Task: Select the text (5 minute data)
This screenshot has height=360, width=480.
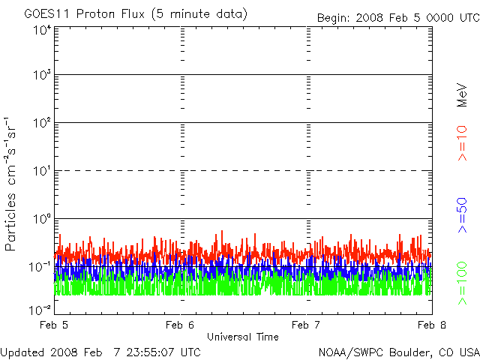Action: coord(199,14)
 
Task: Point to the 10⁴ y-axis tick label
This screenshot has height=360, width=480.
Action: coord(43,30)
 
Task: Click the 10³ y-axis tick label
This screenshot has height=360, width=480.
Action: coord(43,74)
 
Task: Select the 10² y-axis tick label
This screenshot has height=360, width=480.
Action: coord(43,122)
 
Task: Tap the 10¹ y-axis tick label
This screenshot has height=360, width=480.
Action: coord(43,170)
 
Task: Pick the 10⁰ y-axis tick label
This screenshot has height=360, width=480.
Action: coord(43,218)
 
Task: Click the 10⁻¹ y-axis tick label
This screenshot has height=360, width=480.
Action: coord(40,267)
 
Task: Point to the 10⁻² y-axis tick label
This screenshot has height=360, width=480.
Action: coord(40,310)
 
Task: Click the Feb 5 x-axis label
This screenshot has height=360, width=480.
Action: coord(54,325)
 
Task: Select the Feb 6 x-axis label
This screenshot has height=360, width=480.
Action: coord(180,325)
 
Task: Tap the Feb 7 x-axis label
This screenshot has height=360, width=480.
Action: coord(306,325)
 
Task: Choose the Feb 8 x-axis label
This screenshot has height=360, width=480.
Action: coord(432,325)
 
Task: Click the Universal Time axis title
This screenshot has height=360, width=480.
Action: coord(243,337)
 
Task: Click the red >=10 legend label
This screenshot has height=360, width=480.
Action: coord(462,143)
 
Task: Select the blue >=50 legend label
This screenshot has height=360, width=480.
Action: coord(462,215)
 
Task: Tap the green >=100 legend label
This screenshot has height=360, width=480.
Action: coord(462,283)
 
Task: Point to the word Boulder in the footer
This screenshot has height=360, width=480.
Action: coord(409,352)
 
